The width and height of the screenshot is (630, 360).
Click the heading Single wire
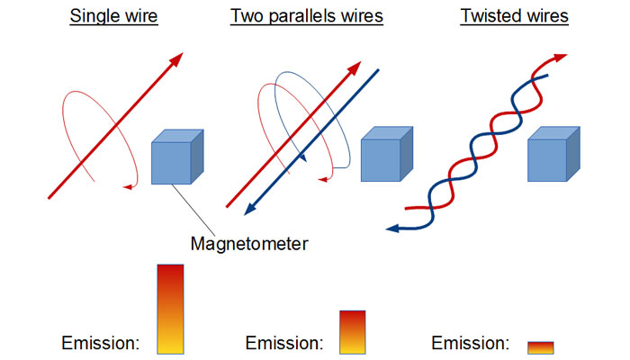tap(115, 16)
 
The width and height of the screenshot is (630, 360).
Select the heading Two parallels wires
tap(306, 16)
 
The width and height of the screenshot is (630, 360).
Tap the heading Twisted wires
tap(514, 16)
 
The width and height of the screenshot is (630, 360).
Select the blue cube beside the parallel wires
tap(386, 159)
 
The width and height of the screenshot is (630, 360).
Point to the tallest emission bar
tap(170, 309)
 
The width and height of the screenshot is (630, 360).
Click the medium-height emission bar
tap(353, 331)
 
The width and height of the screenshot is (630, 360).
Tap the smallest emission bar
tap(541, 347)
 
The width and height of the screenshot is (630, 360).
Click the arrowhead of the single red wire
tap(175, 60)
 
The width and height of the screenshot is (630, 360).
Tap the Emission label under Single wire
tap(99, 343)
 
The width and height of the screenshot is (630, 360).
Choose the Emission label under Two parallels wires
tap(283, 343)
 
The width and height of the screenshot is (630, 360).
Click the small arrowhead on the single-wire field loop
tap(129, 186)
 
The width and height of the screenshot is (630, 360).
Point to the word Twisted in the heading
tap(490, 16)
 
